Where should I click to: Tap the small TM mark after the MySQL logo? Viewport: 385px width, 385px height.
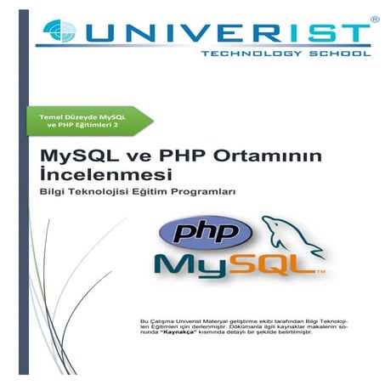point(321,274)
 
